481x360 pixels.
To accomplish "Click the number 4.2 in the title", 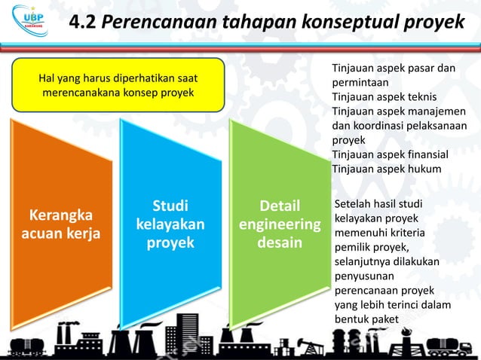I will [x=82, y=23].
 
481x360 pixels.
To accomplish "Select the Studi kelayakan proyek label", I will [x=170, y=224].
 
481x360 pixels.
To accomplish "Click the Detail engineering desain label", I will [x=280, y=224].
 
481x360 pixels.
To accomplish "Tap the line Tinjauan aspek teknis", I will [x=384, y=97].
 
